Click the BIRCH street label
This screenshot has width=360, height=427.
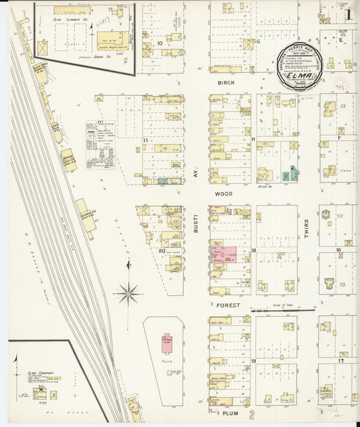225,82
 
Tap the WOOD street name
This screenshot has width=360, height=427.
224,194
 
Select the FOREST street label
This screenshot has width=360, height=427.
229,305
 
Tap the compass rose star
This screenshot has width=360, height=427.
127,293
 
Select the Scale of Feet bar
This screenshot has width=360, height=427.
282,311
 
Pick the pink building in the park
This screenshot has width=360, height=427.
168,343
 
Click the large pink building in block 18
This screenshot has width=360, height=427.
224,255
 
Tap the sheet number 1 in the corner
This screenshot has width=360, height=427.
349,14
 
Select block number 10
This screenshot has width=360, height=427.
160,44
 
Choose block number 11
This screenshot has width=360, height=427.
146,140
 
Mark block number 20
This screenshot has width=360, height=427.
162,250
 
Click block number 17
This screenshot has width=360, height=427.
341,361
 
